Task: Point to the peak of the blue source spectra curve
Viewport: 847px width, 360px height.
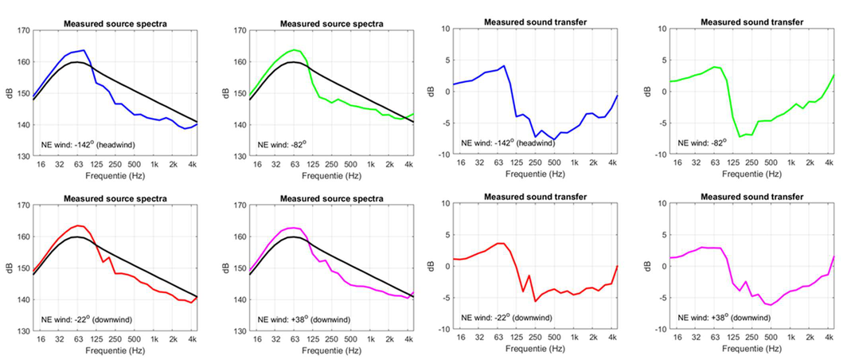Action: pos(84,50)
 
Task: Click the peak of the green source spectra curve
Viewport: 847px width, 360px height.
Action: pos(294,50)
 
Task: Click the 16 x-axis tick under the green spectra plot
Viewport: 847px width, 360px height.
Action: pos(257,163)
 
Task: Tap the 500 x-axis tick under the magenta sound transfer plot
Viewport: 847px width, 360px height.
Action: pos(769,338)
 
